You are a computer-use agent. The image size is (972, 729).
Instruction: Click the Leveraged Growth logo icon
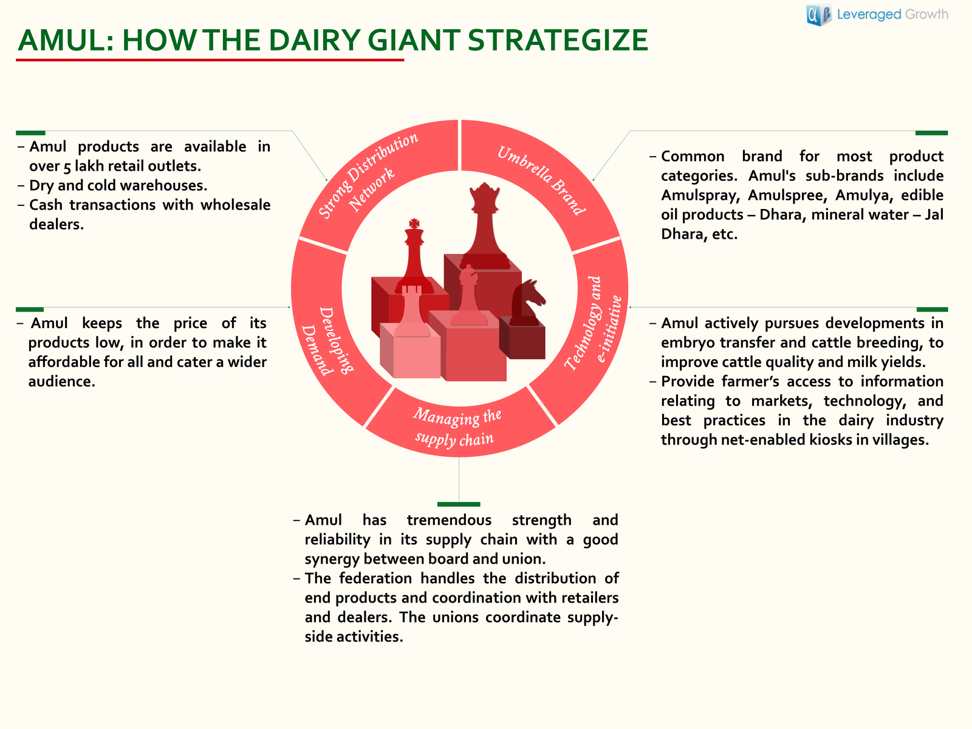pos(819,15)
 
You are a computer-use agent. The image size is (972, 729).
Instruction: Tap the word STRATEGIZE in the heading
pos(558,40)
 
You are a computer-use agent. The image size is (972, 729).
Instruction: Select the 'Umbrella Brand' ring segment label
pos(541,180)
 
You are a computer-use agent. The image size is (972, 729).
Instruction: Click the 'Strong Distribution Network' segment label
pos(368,177)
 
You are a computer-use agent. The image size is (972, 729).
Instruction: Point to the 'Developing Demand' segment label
pos(327,341)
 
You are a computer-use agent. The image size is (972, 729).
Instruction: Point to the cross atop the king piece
pos(414,223)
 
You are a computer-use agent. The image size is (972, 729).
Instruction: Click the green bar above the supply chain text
pos(459,504)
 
